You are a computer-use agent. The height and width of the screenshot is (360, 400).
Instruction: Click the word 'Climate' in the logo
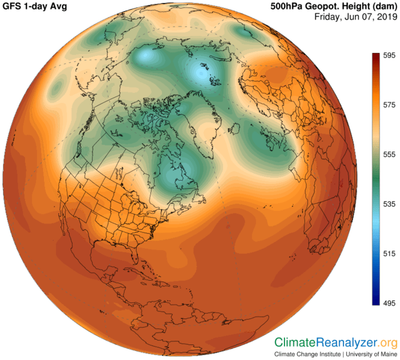point(295,342)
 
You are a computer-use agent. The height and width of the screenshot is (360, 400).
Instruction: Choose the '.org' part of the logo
point(387,342)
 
